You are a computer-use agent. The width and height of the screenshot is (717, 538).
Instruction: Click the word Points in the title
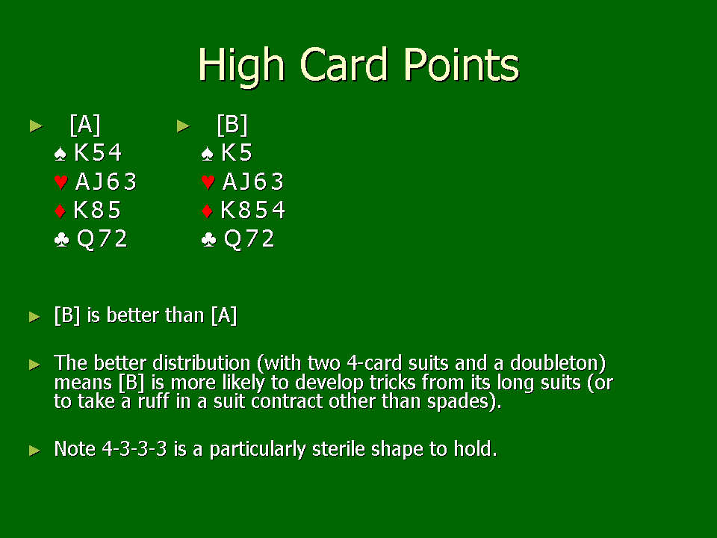point(462,65)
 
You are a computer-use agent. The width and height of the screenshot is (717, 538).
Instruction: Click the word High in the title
point(241,67)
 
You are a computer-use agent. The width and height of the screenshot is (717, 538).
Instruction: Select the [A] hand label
point(85,125)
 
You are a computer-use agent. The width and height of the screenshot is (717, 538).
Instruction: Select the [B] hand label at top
point(232,125)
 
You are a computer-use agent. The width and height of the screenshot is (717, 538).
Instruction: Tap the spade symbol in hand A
point(60,154)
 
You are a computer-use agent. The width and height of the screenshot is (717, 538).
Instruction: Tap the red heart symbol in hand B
point(208,182)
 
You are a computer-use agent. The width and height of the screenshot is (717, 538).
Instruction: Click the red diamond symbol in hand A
point(60,211)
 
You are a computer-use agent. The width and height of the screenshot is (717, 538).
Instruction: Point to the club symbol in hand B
point(208,239)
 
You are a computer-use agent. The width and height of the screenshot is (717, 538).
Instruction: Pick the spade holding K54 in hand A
point(98,152)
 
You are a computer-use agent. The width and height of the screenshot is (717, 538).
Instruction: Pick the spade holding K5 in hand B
point(237,152)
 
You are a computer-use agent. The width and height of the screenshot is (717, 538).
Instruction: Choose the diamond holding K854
point(253,210)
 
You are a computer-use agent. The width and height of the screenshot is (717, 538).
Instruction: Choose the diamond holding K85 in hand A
point(97,210)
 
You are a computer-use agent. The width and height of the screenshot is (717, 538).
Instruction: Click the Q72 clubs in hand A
point(102,239)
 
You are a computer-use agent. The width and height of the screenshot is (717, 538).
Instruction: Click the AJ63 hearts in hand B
point(253,182)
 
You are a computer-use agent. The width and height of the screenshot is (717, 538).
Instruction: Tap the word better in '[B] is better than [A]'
point(132,315)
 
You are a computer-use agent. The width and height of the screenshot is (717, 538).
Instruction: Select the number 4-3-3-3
point(134,449)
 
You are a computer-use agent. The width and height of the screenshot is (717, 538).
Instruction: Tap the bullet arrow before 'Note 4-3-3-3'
point(35,450)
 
